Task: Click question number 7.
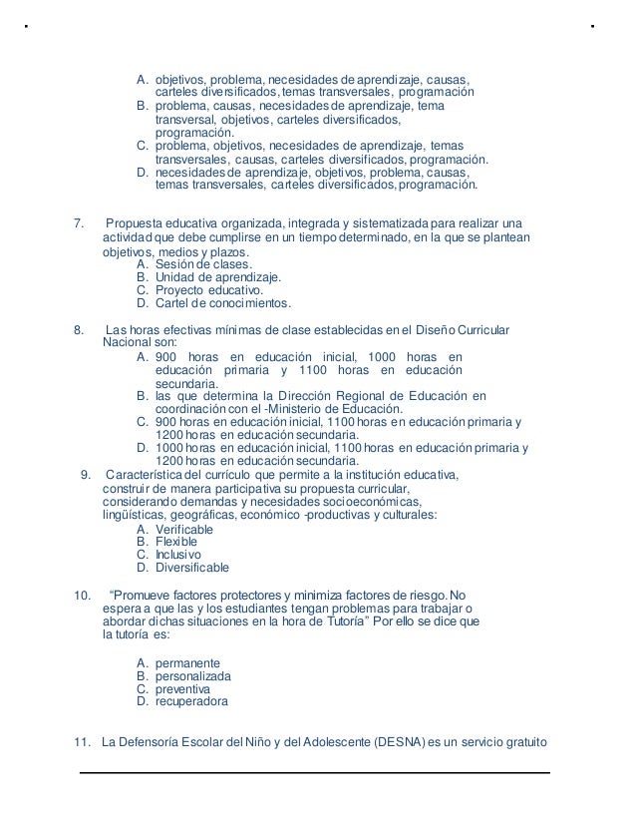(x=81, y=221)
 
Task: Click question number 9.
(x=85, y=475)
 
